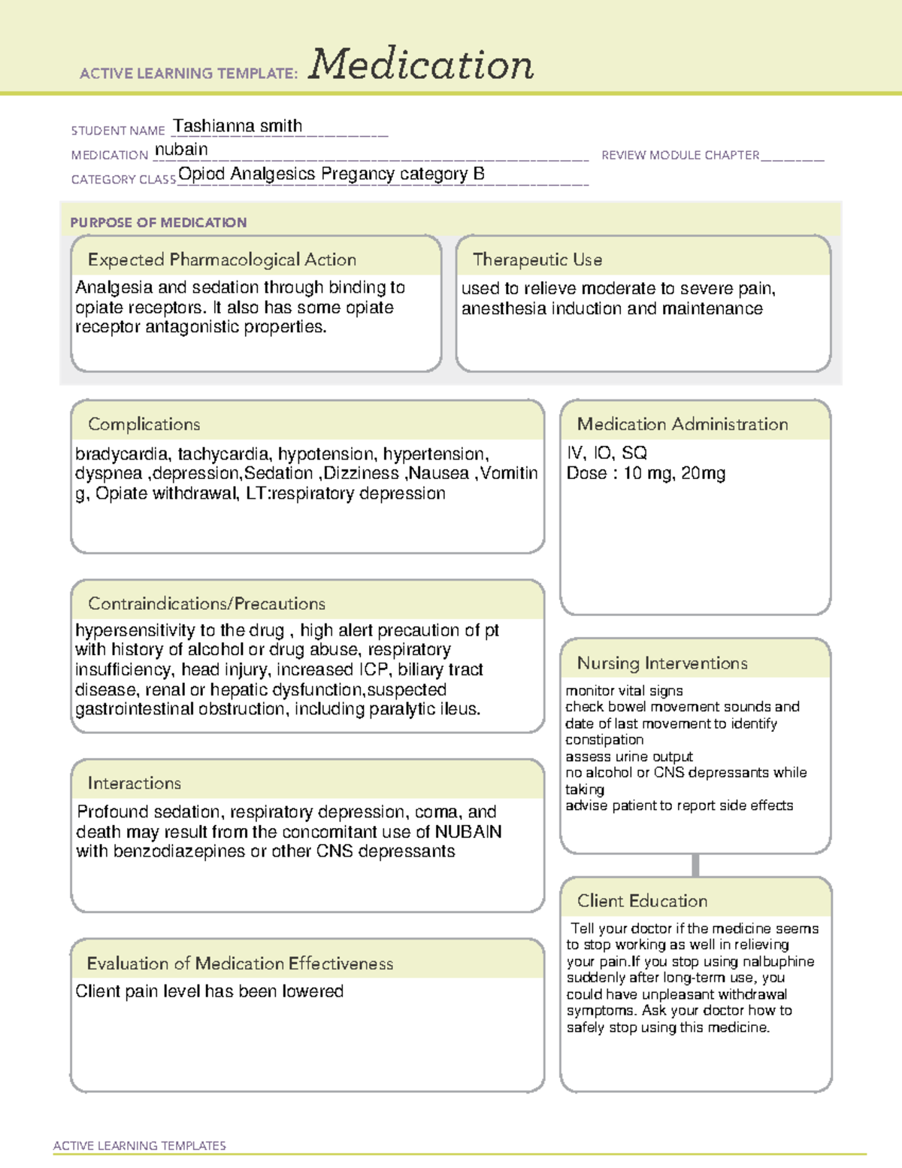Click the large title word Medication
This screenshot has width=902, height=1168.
coord(421,65)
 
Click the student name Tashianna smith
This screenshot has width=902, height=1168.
coord(238,126)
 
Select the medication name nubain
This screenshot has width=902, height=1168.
coord(181,150)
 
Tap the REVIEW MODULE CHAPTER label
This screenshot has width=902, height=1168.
coord(680,155)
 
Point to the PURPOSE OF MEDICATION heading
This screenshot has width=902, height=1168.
coord(159,223)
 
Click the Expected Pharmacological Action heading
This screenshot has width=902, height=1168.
coord(222,259)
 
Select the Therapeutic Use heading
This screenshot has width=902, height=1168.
coord(537,259)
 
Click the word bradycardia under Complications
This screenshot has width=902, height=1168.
coord(122,454)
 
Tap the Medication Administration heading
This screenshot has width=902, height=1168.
coord(683,424)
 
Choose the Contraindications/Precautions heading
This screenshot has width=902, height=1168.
coord(207,603)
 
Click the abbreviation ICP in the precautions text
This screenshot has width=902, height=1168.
coord(373,669)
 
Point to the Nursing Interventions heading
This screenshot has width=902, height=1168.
coord(662,663)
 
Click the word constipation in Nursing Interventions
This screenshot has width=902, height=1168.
coord(604,740)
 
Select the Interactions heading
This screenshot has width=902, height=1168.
coord(135,783)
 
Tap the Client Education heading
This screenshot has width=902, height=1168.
coord(642,901)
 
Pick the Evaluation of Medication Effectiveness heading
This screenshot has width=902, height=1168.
coord(240,963)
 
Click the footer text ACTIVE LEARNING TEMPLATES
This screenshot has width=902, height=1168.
coord(140,1145)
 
